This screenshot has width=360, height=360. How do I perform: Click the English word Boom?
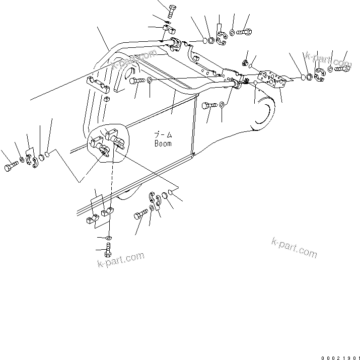163,143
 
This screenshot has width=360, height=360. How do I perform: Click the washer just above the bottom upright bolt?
110,237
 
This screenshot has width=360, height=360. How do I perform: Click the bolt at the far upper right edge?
342,68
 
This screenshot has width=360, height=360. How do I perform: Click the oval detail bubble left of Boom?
109,144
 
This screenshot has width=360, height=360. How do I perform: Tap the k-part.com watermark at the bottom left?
121,261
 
